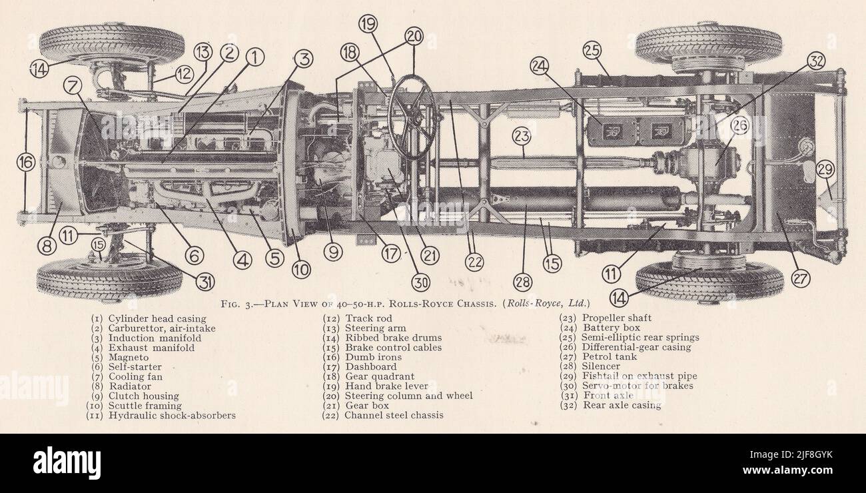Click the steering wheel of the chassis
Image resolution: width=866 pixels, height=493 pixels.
[412, 117]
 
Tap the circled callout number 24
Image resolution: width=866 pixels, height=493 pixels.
[540, 65]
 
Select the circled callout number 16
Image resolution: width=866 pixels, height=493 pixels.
[26, 163]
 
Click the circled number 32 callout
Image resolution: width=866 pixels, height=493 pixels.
[815, 61]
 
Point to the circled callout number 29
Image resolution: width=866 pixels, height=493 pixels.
[825, 169]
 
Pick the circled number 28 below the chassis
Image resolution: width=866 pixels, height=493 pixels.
[523, 282]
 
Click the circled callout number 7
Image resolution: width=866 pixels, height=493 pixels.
[73, 85]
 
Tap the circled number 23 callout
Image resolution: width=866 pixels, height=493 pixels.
[522, 137]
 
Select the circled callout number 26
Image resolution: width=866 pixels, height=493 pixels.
[739, 125]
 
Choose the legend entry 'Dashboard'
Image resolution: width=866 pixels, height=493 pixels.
[370, 366]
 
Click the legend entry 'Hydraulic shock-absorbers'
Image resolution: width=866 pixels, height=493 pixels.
[172, 415]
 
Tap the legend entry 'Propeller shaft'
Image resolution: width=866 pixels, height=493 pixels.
[617, 318]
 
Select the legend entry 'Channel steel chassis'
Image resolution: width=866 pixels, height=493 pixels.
[394, 415]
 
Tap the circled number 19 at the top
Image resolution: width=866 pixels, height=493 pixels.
[368, 24]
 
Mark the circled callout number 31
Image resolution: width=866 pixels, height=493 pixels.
[205, 282]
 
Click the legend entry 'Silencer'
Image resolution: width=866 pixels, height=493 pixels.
[601, 366]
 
